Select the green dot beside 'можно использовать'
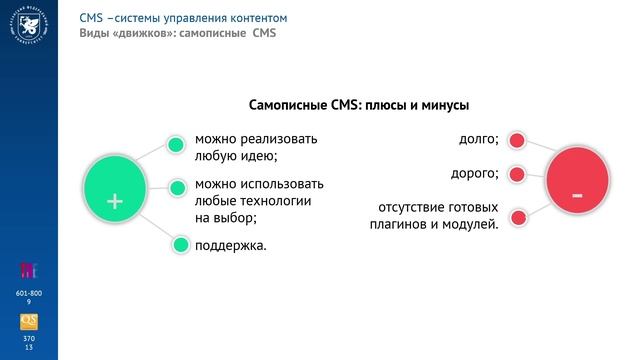(x=177, y=187)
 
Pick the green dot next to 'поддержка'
(x=180, y=245)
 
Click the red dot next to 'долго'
(x=517, y=141)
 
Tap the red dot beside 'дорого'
(x=516, y=175)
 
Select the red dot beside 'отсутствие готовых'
(x=517, y=216)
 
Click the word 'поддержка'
(x=230, y=244)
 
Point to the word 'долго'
(x=477, y=139)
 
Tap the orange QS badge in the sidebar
(x=29, y=321)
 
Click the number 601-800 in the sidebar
(x=29, y=291)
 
